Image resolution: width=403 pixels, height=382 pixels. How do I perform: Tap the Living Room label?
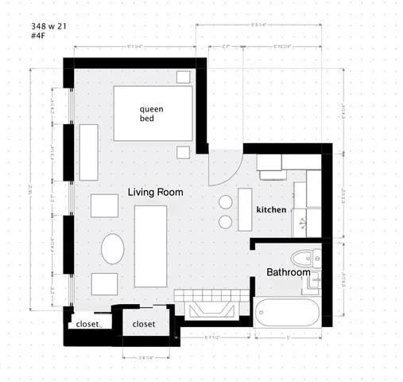[x=156, y=192]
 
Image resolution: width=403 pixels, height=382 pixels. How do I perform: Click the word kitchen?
[x=271, y=209]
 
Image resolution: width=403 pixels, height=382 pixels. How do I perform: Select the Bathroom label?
[x=288, y=272]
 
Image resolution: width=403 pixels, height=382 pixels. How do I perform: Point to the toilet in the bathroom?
[x=302, y=258]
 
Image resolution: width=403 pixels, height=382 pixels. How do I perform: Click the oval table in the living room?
[x=112, y=248]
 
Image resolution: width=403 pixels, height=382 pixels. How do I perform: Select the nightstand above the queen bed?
[x=183, y=76]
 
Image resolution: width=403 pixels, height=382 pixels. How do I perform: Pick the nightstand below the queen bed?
[x=183, y=151]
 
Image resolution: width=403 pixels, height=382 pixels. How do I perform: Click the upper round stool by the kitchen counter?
[x=225, y=202]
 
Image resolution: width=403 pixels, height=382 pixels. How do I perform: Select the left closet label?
[x=87, y=325]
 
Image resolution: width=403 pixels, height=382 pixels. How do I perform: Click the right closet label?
[x=144, y=325]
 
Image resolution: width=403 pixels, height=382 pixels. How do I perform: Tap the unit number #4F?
[x=38, y=37]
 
